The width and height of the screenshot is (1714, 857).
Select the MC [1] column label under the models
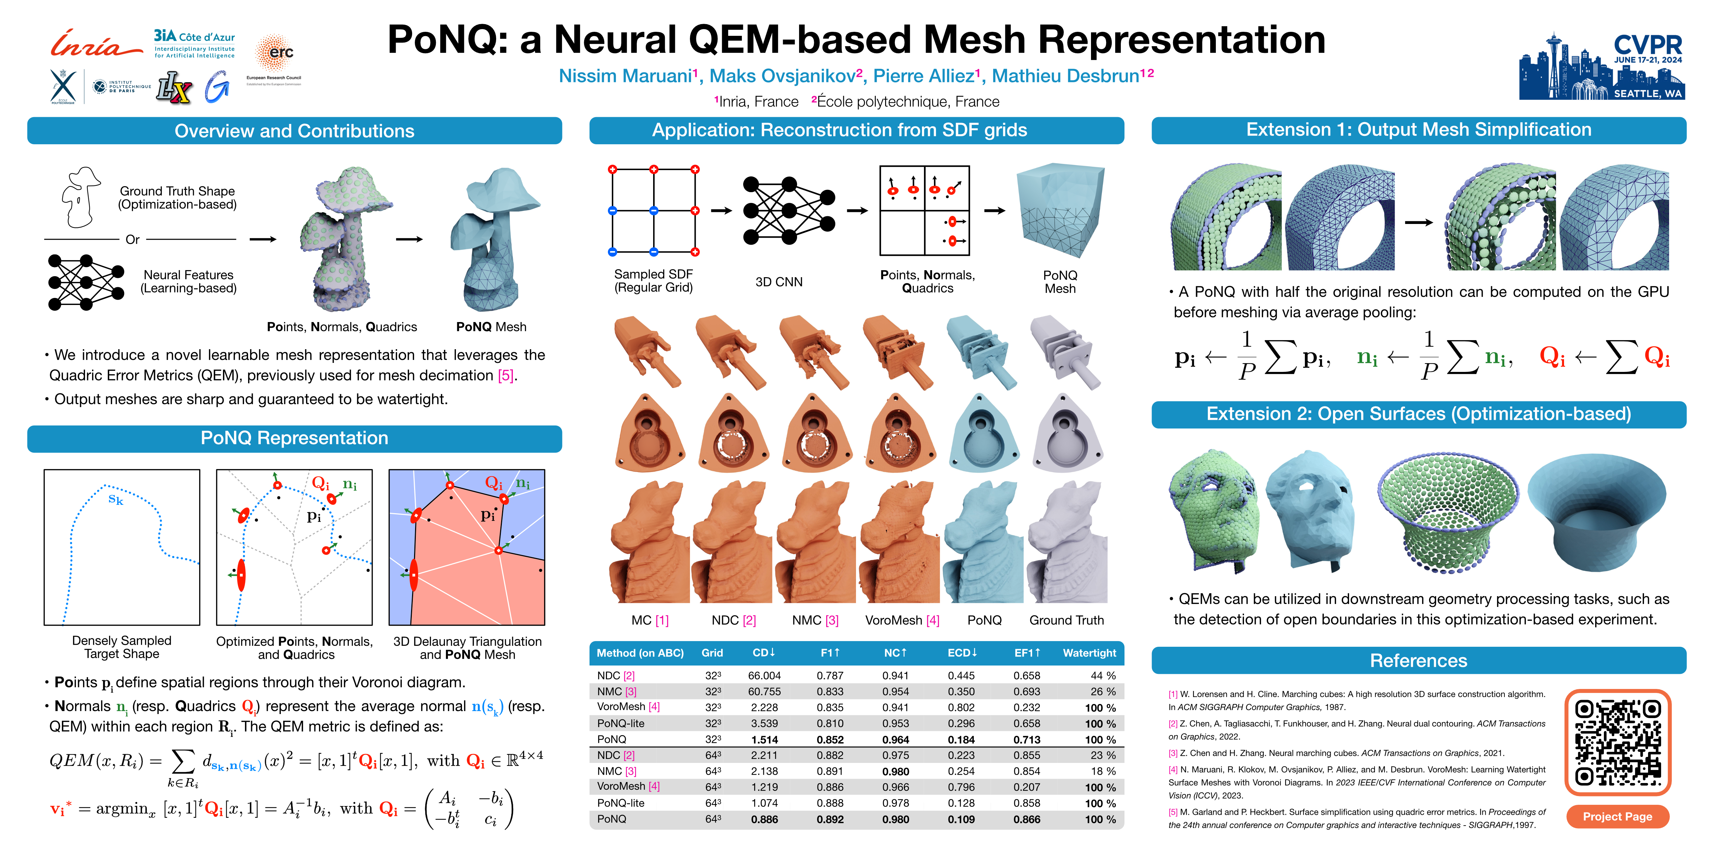649,620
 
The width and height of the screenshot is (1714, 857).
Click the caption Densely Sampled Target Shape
122,647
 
